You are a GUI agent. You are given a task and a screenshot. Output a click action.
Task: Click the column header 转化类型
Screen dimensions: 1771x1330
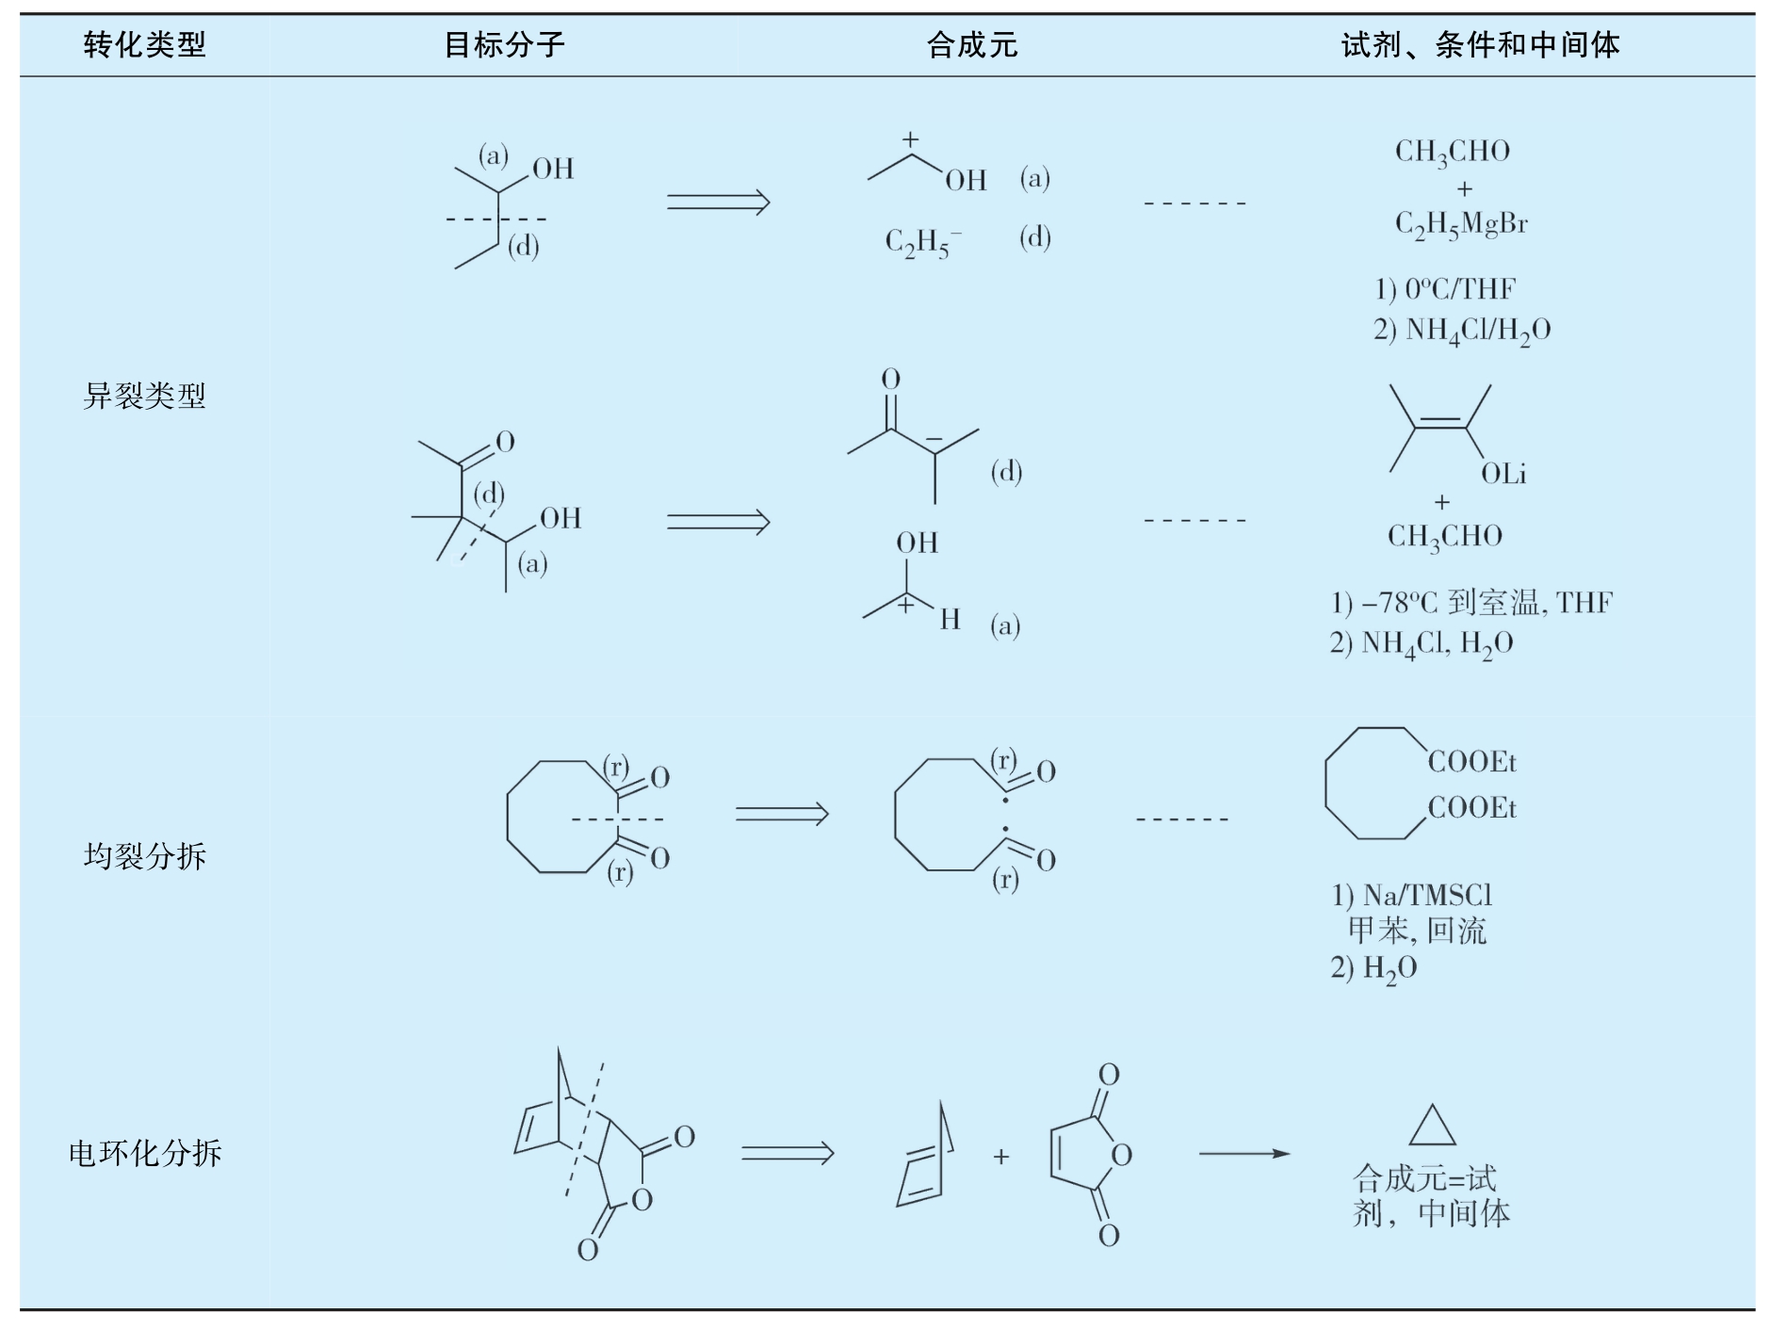[x=144, y=44]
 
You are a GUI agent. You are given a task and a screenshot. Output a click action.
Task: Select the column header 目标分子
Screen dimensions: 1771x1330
[x=504, y=44]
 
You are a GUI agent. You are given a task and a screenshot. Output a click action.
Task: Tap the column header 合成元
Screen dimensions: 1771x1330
[x=972, y=44]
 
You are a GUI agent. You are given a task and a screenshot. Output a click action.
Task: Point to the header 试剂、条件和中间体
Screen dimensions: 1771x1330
[x=1480, y=44]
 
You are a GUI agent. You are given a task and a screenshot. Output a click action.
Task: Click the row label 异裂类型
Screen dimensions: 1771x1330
[x=144, y=396]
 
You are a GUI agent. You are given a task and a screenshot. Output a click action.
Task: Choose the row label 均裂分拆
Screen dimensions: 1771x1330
[x=144, y=855]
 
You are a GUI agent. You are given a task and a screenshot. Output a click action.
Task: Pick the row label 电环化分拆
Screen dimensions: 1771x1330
[x=145, y=1153]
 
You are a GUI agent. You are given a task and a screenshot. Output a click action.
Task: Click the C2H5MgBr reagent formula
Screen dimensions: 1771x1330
[x=1461, y=225]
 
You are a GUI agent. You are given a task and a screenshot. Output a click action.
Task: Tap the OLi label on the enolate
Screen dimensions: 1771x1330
[x=1503, y=474]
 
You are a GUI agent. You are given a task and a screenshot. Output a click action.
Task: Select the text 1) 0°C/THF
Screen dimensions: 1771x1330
[x=1445, y=288]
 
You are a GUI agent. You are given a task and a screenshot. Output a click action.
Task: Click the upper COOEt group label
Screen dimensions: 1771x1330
[x=1472, y=761]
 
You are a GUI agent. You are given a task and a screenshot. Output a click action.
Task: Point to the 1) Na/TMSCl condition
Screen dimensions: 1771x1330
[x=1411, y=895]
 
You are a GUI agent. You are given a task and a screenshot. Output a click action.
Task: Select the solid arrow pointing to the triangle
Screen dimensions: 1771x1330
[x=1244, y=1154]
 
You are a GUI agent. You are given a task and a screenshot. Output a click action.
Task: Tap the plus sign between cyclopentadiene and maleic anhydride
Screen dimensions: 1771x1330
[x=1001, y=1156]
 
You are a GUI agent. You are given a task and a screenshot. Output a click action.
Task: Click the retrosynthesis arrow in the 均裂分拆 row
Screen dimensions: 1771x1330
[x=782, y=813]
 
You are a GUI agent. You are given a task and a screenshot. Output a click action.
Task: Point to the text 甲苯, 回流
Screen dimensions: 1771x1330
[x=1417, y=931]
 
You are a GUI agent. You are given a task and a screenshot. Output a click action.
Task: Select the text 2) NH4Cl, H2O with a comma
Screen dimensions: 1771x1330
[x=1422, y=644]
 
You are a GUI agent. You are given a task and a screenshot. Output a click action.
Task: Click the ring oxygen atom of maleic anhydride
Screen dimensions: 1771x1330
[x=1121, y=1155]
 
